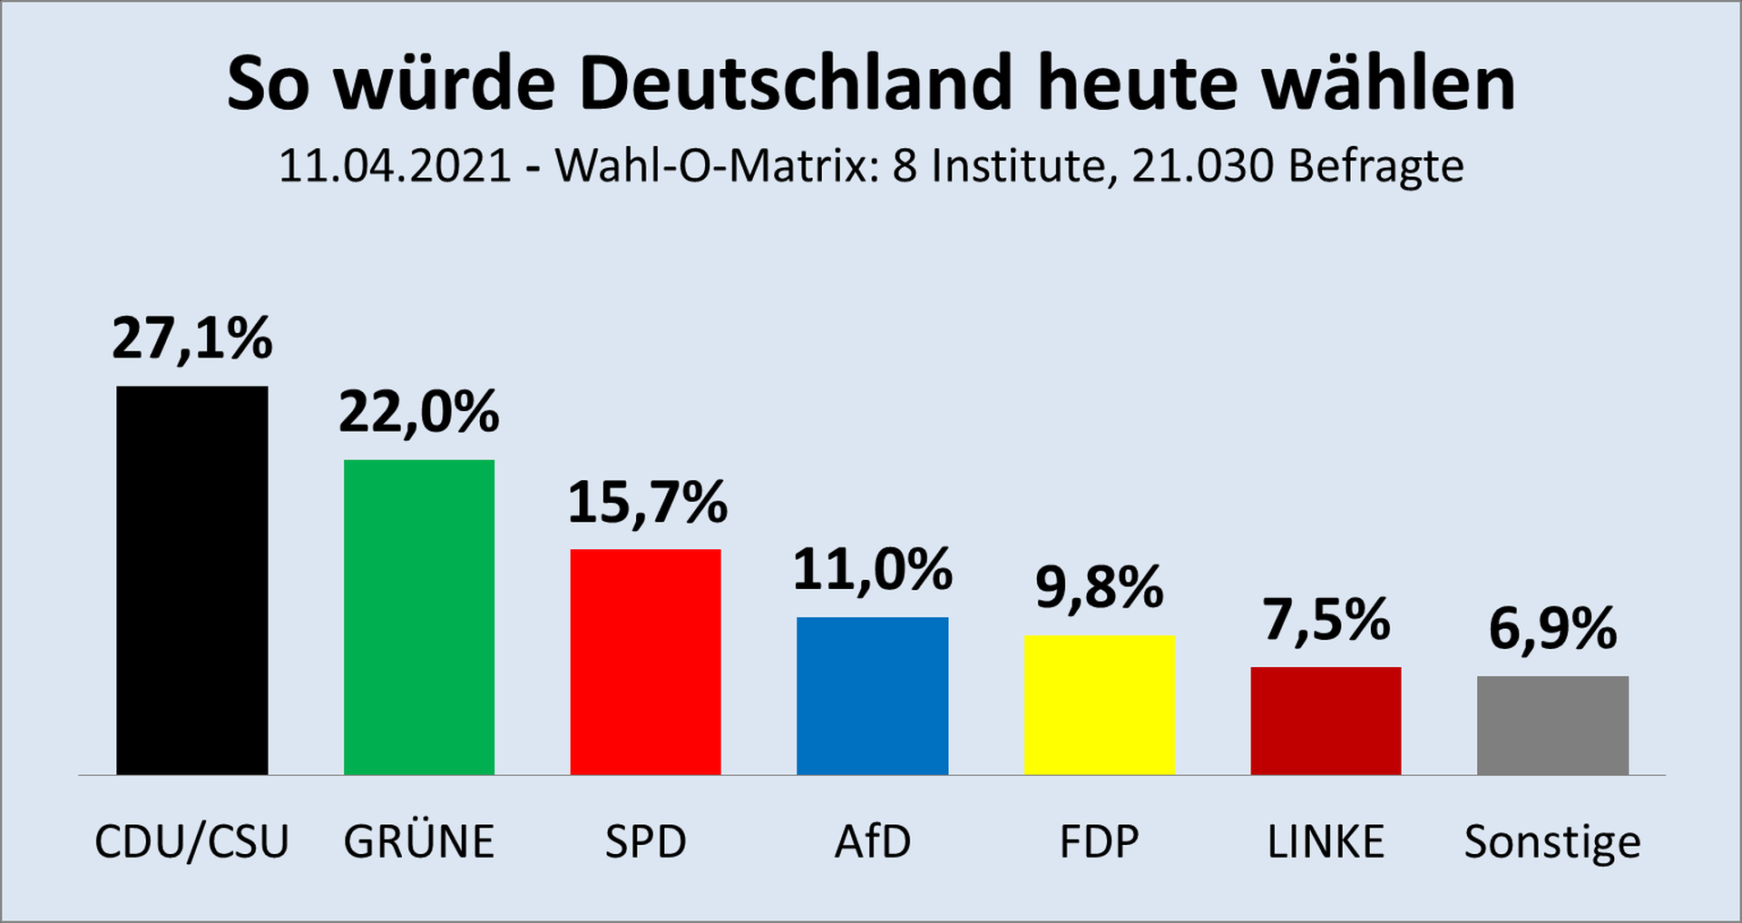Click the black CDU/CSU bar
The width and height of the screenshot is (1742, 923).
pos(192,581)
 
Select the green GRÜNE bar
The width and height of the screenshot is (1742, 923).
pos(419,617)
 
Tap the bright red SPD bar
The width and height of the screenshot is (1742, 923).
pos(645,662)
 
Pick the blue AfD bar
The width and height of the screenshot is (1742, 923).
pos(872,695)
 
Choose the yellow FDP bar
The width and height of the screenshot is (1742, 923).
pos(1099,704)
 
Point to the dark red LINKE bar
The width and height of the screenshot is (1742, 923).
pos(1326,721)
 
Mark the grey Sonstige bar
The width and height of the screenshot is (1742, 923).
pos(1552,725)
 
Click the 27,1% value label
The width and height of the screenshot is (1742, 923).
pos(192,339)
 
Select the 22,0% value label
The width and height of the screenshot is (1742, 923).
pos(419,413)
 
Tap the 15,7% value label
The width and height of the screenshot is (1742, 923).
pos(647,503)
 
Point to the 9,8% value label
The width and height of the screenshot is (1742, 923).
pos(1099,588)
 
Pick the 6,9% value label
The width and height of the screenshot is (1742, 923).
pos(1552,629)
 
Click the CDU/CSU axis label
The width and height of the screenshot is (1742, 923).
pos(192,842)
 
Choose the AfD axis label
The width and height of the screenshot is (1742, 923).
pos(873,842)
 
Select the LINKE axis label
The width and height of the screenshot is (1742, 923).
pos(1326,842)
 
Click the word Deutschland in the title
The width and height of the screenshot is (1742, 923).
pos(795,83)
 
